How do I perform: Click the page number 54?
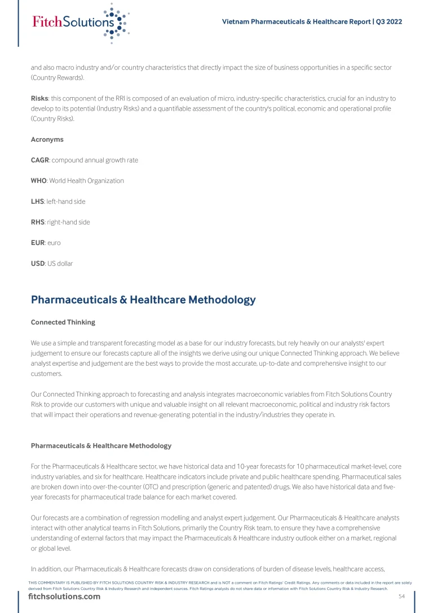click(x=402, y=597)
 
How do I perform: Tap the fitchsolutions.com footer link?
click(x=64, y=597)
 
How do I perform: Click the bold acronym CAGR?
click(x=40, y=160)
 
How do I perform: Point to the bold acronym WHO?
click(x=39, y=181)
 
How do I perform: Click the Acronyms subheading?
click(x=47, y=139)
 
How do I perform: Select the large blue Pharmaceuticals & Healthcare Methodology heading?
click(x=143, y=300)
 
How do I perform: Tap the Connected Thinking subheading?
click(x=63, y=322)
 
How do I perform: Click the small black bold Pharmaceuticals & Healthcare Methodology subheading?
click(x=101, y=446)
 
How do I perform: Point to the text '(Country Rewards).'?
click(x=58, y=77)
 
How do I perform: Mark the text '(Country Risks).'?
click(x=54, y=119)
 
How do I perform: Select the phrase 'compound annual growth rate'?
click(x=95, y=160)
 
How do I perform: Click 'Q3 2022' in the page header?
click(x=389, y=22)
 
